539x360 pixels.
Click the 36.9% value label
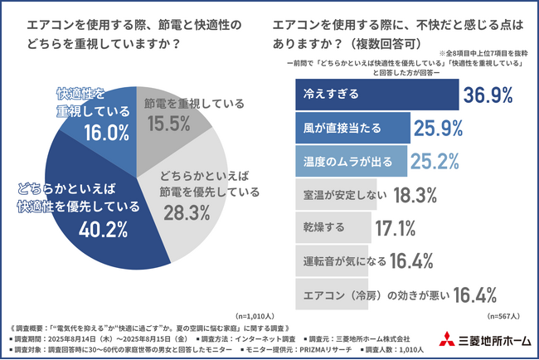489,95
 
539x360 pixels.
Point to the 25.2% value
461,158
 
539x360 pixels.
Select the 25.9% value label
440,128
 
